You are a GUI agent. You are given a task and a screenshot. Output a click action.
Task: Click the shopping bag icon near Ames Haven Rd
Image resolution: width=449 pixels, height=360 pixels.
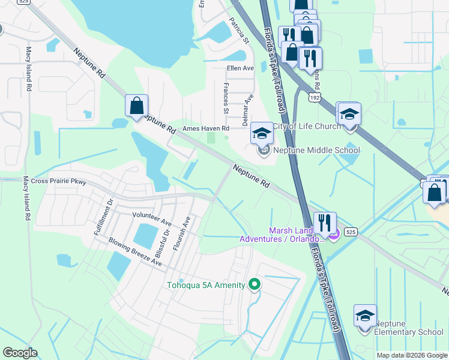pos(137,106)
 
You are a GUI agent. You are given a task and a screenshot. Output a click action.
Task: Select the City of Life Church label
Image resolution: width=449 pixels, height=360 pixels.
pos(307,126)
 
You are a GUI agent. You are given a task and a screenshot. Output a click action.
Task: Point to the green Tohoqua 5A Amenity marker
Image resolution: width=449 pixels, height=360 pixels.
pos(255,284)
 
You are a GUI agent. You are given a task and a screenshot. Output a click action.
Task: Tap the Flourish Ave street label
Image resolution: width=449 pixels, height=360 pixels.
pos(186,234)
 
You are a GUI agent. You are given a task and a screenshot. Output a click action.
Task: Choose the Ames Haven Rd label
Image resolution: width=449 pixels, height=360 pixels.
pos(206,128)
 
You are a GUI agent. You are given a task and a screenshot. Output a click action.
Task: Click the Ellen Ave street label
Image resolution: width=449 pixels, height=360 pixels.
pos(240,68)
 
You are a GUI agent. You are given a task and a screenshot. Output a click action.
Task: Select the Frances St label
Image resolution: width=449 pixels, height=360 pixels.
pos(226,98)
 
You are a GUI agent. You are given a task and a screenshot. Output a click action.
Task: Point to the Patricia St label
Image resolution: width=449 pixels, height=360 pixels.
pos(238,31)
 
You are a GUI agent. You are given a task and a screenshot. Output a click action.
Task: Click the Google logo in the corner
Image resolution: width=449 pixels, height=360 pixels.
pos(20,353)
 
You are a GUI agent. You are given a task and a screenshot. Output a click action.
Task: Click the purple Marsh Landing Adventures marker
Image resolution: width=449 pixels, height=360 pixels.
pos(335,234)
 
